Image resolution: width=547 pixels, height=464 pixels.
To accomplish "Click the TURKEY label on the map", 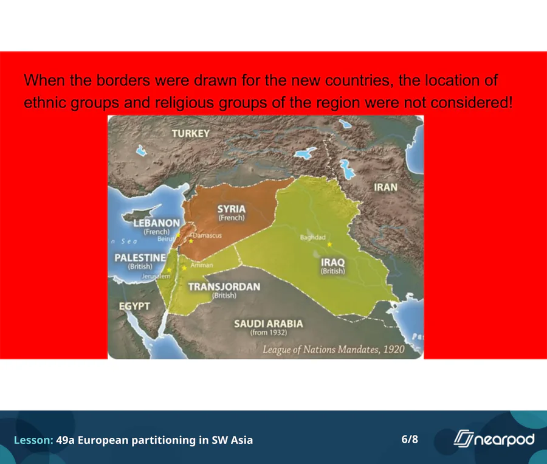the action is click(x=190, y=133).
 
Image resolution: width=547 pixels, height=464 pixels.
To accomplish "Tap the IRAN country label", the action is click(x=385, y=187).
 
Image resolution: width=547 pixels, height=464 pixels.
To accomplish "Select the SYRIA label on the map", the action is click(x=232, y=209).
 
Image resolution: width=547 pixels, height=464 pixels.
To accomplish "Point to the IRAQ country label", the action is click(x=333, y=262).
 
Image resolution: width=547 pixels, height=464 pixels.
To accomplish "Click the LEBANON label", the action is click(x=157, y=223).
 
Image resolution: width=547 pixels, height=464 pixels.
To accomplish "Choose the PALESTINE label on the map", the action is click(x=140, y=258).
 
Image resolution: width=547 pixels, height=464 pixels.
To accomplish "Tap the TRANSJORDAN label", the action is click(x=224, y=286).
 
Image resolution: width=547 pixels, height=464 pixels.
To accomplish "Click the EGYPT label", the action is click(x=134, y=306).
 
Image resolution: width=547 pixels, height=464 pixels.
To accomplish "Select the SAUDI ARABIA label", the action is click(x=269, y=324).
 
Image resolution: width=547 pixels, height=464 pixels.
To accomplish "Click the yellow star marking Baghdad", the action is click(x=329, y=244).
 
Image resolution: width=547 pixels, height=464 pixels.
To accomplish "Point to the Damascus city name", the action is click(x=207, y=235).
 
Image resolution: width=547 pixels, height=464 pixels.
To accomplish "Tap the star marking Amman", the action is click(x=184, y=268).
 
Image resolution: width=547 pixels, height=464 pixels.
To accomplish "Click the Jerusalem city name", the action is click(x=156, y=276).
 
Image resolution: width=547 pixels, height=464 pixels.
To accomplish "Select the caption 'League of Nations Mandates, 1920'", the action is click(x=334, y=350).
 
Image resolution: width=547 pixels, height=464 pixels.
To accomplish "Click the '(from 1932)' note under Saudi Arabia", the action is click(x=269, y=333).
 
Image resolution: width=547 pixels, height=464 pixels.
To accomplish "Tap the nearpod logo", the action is click(x=494, y=438).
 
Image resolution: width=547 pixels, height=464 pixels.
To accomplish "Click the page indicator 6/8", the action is click(x=410, y=439).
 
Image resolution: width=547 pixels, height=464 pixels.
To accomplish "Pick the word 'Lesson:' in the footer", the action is click(x=33, y=440).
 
